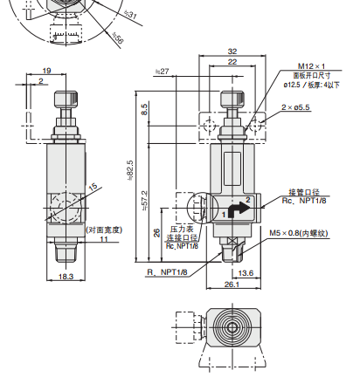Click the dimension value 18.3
click(66, 276)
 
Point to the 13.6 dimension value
click(246, 271)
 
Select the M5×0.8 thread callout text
click(302, 233)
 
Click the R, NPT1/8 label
click(168, 272)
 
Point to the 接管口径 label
click(305, 191)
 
